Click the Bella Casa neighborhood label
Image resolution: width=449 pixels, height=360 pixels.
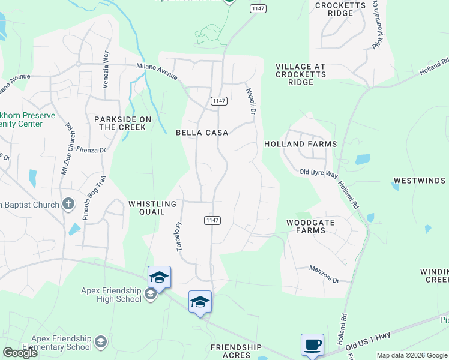tap(202, 133)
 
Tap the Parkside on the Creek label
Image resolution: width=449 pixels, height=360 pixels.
tap(120, 124)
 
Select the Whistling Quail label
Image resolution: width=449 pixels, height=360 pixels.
tap(152, 208)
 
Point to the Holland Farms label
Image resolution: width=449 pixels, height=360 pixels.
tap(300, 144)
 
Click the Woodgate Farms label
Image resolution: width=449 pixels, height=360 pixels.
tap(310, 226)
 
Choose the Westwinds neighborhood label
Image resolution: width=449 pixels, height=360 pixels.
tap(419, 181)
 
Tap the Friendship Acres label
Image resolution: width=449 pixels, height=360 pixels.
tap(237, 351)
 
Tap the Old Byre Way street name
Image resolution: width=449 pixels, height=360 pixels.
tap(316, 173)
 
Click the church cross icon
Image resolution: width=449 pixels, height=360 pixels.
tap(68, 204)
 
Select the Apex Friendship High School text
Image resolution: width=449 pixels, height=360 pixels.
tap(112, 295)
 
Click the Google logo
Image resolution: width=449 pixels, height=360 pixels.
tap(20, 352)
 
